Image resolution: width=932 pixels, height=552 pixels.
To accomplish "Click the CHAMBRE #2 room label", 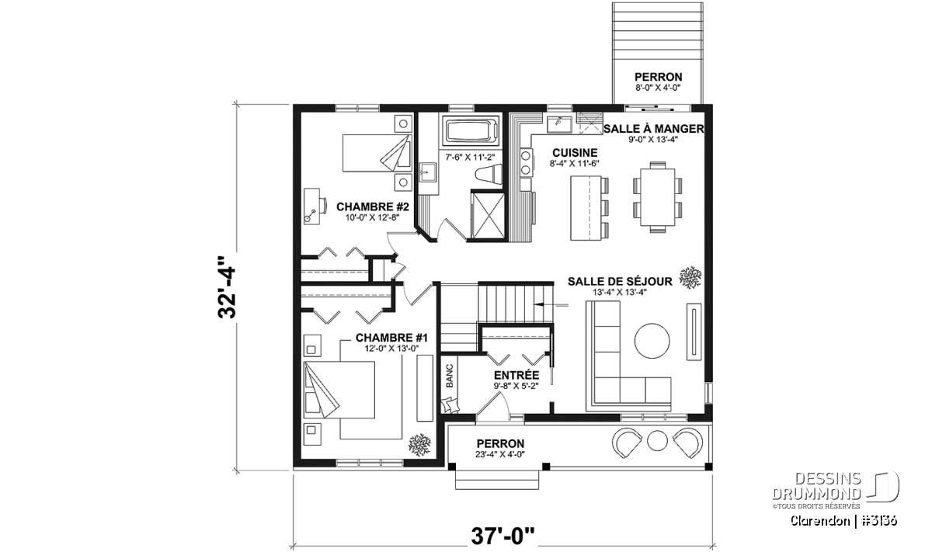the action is point(372,207).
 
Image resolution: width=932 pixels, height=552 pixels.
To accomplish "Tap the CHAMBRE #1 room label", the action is point(391,338).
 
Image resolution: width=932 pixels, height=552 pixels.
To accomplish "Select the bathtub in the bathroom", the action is point(471,130).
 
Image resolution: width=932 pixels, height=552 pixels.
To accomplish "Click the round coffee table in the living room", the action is point(652,341).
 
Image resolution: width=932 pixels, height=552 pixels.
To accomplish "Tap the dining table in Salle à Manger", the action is point(657,196).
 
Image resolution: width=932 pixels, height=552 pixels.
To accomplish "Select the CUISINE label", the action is point(575,153).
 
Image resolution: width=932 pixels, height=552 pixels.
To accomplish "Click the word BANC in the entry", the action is point(450,376).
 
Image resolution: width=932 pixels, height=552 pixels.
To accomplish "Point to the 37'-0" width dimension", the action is point(503,536).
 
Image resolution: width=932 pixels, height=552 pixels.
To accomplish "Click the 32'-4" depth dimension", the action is point(227,287).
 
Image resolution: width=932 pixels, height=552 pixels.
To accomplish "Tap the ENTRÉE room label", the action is point(516,375).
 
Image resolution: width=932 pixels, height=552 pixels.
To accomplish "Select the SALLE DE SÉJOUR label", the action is point(620,282).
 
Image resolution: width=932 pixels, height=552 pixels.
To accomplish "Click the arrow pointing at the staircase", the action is point(551,305).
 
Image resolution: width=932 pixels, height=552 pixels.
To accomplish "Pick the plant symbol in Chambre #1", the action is point(420,445).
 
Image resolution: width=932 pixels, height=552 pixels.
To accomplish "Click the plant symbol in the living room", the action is point(690,277).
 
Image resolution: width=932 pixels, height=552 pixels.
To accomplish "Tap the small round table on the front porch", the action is point(657,440).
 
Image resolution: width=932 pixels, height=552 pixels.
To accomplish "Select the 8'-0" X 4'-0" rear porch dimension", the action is point(659,88).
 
